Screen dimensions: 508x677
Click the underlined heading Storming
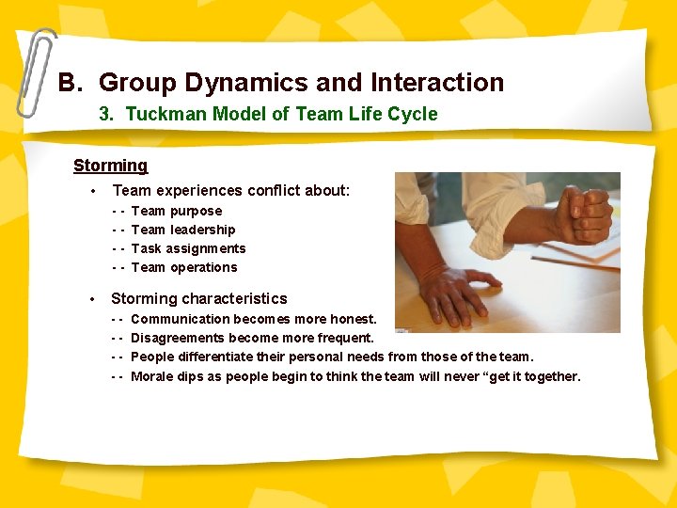pyautogui.click(x=110, y=166)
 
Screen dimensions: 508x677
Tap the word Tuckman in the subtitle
pyautogui.click(x=156, y=114)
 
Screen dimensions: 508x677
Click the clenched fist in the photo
pyautogui.click(x=582, y=214)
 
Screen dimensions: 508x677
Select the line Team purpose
pyautogui.click(x=177, y=211)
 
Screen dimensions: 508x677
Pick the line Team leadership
pyautogui.click(x=183, y=230)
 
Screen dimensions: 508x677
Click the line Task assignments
pyautogui.click(x=188, y=248)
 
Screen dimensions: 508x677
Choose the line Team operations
pyautogui.click(x=184, y=267)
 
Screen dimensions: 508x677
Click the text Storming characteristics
pyautogui.click(x=199, y=298)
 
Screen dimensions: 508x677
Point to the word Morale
pyautogui.click(x=153, y=376)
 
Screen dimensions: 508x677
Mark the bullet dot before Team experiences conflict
pyautogui.click(x=92, y=191)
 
